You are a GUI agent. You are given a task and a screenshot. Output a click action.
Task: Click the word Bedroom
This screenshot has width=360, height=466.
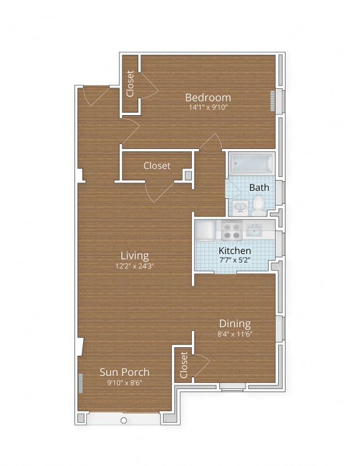point(208,97)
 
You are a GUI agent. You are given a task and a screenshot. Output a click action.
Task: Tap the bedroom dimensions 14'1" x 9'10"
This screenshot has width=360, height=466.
point(208,107)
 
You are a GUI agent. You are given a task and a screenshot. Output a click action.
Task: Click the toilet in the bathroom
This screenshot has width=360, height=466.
point(258,205)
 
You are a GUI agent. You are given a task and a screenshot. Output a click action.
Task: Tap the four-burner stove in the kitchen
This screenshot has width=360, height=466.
point(231,231)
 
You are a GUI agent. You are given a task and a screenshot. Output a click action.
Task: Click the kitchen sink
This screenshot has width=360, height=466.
point(254,230)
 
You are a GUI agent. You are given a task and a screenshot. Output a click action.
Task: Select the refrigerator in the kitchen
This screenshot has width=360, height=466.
point(205,230)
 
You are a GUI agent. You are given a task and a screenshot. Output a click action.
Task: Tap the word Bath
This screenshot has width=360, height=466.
point(259,187)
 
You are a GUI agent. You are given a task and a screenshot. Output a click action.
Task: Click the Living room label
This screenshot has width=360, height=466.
point(134,255)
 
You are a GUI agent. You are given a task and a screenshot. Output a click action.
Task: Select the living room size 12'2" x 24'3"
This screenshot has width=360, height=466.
point(134,265)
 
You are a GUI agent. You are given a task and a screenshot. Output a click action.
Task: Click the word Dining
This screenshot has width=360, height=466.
point(234,323)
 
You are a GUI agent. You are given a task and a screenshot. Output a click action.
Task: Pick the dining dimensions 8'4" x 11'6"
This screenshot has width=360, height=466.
point(234,333)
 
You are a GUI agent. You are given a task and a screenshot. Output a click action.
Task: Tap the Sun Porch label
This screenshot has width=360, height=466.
point(124,372)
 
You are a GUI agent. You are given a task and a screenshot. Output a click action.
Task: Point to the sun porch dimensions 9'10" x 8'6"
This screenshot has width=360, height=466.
point(124,382)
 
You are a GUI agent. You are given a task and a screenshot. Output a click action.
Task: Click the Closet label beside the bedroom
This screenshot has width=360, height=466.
point(130,84)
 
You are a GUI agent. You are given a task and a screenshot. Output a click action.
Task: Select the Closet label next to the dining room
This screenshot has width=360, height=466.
point(183,364)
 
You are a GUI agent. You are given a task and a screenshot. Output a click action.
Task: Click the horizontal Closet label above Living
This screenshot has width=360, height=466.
point(156,166)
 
